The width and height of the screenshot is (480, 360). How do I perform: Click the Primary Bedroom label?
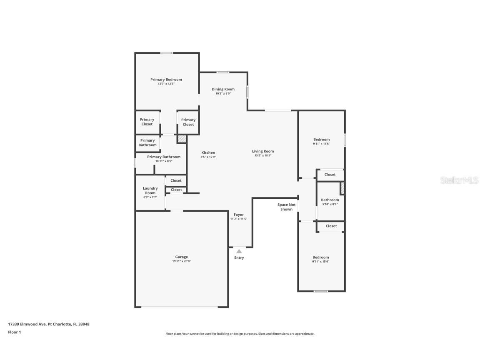(166, 80)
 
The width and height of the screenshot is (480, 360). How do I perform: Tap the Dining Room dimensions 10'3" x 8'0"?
(223, 94)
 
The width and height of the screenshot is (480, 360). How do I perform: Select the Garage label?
(181, 257)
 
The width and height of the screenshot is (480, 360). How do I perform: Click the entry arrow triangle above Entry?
(239, 251)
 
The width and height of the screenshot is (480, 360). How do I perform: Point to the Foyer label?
(238, 215)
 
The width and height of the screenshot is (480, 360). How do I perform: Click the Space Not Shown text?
(287, 207)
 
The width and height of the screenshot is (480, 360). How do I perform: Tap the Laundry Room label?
(150, 190)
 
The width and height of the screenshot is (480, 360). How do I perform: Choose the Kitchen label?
(208, 152)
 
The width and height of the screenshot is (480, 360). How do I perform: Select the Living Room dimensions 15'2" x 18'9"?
(262, 156)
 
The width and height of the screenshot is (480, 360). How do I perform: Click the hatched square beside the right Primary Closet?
(182, 139)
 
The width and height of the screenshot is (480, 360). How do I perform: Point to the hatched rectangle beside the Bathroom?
(342, 188)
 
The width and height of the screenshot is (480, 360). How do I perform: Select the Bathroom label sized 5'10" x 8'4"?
(330, 200)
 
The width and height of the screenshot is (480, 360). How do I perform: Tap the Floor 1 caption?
(14, 332)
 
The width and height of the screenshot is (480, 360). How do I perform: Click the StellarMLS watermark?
(460, 180)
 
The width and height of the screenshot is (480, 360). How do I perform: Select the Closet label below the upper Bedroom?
(330, 175)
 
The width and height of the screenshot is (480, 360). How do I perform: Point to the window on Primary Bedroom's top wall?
(167, 53)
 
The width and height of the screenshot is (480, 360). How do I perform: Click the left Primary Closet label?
(147, 122)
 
